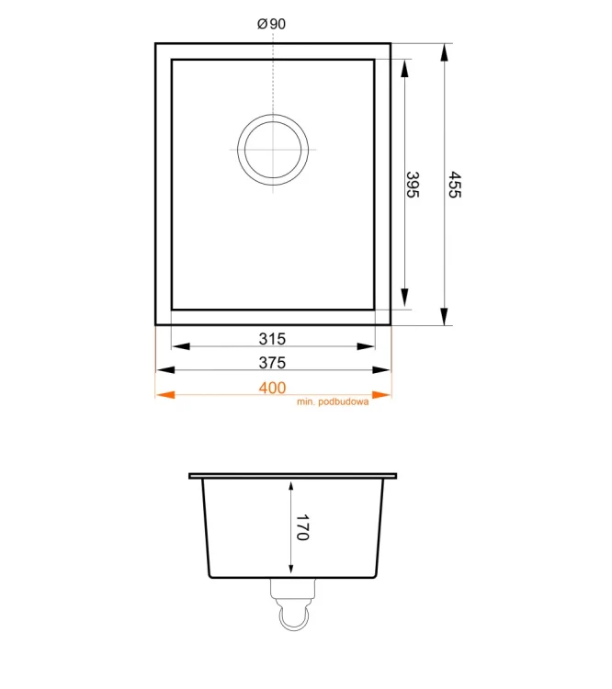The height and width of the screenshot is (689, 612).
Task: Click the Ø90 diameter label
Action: tap(272, 25)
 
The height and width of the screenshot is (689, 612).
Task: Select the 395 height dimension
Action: tap(413, 185)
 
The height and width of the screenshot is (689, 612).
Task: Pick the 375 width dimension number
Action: tap(273, 363)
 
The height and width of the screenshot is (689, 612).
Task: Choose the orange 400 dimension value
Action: tap(272, 388)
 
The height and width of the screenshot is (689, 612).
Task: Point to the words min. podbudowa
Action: tap(333, 402)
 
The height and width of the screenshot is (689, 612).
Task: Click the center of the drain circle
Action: tap(273, 150)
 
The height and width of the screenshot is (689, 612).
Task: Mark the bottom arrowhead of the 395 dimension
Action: tap(404, 299)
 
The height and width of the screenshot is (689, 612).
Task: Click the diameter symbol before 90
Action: tap(262, 25)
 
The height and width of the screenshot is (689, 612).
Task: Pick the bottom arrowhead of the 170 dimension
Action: tap(291, 570)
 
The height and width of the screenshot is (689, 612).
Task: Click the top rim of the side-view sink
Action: tap(293, 476)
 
